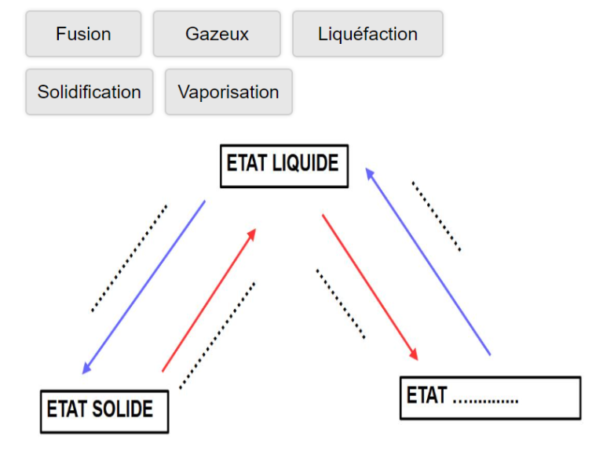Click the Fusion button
[83, 34]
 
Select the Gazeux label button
[217, 34]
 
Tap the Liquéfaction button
[367, 34]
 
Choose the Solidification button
[89, 92]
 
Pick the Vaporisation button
[228, 92]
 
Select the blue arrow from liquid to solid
[144, 286]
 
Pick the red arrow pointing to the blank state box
[369, 286]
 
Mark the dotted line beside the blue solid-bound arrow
[129, 259]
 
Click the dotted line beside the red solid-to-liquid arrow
[217, 335]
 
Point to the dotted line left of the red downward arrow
[341, 304]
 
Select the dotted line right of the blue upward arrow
[436, 216]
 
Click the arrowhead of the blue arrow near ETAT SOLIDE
[86, 369]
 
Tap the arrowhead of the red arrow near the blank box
[414, 355]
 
